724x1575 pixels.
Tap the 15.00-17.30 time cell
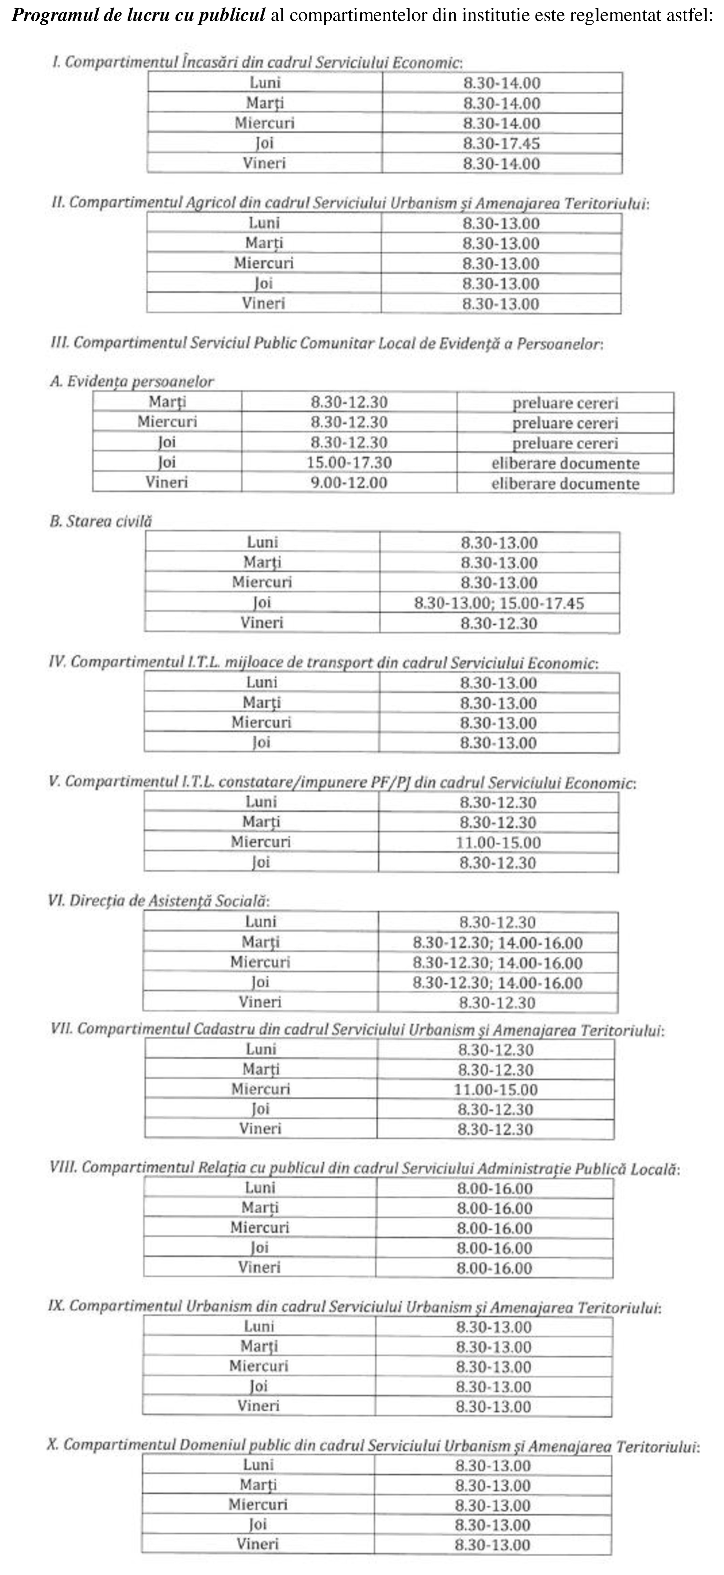[x=349, y=463]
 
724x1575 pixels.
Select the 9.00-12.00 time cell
[x=349, y=483]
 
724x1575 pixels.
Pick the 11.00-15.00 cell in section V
[x=498, y=842]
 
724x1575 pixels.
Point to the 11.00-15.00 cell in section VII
[x=496, y=1089]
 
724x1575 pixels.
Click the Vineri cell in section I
[x=264, y=163]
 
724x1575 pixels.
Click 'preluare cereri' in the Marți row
[x=565, y=403]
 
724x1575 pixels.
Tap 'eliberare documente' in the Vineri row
[x=565, y=484]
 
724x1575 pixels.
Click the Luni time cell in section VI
[x=497, y=922]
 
